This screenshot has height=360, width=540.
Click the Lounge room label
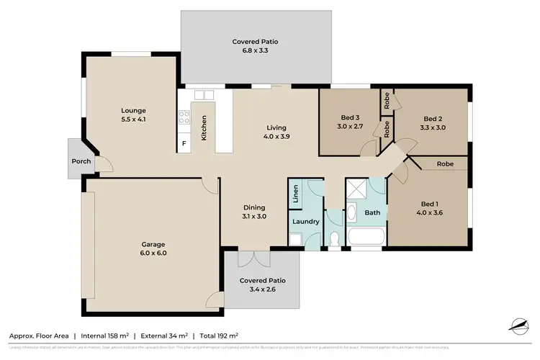(x=133, y=114)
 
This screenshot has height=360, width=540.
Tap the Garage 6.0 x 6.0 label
(x=153, y=248)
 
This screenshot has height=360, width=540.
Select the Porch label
(x=81, y=161)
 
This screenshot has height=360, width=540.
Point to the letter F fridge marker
(x=184, y=144)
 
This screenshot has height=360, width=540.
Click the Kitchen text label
(x=204, y=127)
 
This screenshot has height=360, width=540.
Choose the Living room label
(x=276, y=132)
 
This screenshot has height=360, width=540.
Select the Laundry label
(x=306, y=222)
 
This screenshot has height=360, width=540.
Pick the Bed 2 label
(x=432, y=123)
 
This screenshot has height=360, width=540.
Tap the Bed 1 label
(x=430, y=208)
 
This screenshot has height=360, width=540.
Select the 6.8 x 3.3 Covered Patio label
(x=255, y=47)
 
